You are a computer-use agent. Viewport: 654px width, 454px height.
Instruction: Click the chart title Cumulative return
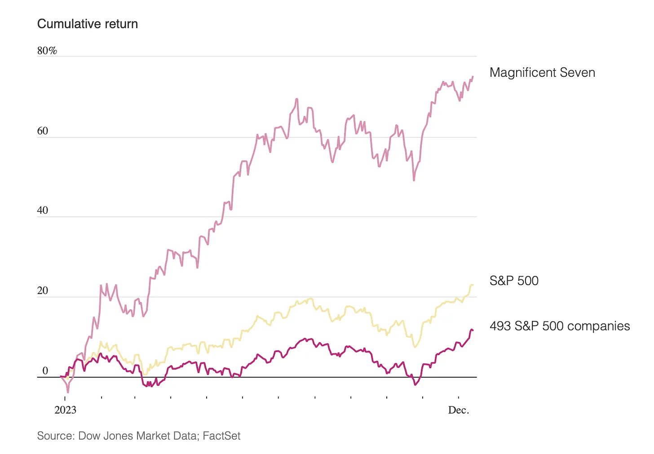click(x=87, y=24)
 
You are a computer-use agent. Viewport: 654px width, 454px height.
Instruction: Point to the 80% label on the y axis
click(x=47, y=51)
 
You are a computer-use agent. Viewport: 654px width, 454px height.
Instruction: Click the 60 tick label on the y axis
click(x=43, y=131)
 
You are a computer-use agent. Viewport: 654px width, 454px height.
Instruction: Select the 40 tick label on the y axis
click(x=43, y=210)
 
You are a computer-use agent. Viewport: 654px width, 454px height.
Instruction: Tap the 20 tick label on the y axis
click(x=43, y=291)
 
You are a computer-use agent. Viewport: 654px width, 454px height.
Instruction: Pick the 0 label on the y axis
click(x=45, y=370)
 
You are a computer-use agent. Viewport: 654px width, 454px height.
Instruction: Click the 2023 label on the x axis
click(x=65, y=410)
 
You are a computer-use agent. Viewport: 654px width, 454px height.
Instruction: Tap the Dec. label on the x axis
click(x=459, y=410)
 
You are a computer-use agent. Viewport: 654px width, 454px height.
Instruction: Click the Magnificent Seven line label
click(x=542, y=72)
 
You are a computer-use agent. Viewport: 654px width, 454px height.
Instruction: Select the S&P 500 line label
click(x=514, y=281)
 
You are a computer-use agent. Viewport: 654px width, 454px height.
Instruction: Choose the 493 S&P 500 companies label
click(x=560, y=326)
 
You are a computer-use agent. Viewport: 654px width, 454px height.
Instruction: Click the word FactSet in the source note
click(x=221, y=436)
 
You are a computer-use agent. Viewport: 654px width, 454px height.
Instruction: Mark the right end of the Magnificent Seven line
click(x=473, y=77)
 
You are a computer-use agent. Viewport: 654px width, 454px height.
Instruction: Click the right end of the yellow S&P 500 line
click(x=473, y=285)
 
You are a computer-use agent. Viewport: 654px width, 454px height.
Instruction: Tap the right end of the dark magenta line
click(x=473, y=331)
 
